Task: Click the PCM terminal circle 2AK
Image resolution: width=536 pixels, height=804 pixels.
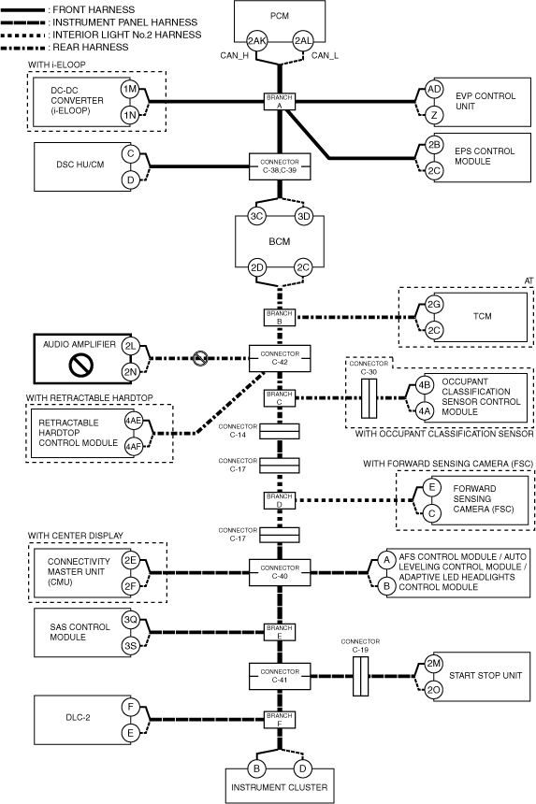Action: [x=256, y=41]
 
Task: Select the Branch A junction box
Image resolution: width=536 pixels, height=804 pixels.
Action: [x=280, y=102]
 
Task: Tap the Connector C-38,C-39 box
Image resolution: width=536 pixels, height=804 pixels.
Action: [x=280, y=166]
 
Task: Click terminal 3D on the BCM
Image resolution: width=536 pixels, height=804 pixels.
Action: [x=304, y=216]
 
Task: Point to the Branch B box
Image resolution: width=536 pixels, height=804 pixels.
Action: [x=280, y=318]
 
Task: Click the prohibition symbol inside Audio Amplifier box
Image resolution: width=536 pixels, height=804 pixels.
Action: [x=81, y=366]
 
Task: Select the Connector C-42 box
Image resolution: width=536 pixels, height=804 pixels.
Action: [x=280, y=358]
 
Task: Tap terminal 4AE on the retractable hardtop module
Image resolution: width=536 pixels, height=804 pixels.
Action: [x=133, y=421]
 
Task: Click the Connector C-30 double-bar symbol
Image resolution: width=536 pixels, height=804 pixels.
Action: [x=369, y=399]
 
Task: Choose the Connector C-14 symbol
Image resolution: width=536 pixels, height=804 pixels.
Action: [x=279, y=432]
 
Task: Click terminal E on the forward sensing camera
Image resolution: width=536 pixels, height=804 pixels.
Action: [x=432, y=487]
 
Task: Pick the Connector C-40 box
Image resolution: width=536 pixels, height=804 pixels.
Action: [x=280, y=572]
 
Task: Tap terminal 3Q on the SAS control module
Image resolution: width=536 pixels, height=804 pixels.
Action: [x=130, y=620]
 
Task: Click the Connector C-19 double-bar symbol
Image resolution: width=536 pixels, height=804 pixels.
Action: [x=360, y=676]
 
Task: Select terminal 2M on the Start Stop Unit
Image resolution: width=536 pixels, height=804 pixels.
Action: [x=434, y=664]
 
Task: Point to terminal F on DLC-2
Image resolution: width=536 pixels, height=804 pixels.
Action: [x=130, y=707]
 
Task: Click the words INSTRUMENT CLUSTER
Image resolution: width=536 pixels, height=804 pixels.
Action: [x=279, y=787]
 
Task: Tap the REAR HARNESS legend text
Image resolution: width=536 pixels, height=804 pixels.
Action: [x=91, y=47]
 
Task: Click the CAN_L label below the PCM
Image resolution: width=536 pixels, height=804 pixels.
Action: [x=325, y=56]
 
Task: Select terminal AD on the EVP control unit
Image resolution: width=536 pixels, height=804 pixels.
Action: [x=434, y=89]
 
